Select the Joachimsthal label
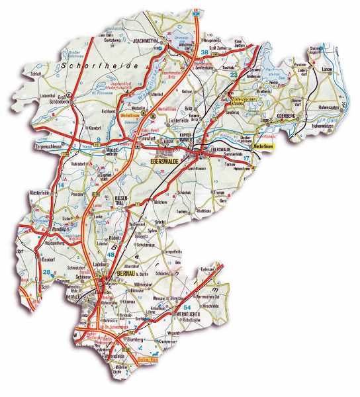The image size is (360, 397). click(147, 39)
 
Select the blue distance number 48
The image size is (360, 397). click(111, 255)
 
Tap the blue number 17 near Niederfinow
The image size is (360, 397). click(247, 158)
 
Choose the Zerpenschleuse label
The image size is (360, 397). click(46, 143)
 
